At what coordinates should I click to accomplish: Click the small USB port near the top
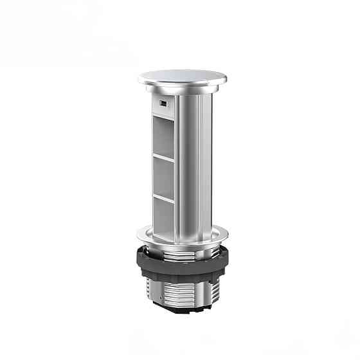click(x=163, y=104)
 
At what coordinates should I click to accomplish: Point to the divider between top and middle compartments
click(x=165, y=156)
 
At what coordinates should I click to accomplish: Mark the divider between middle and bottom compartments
click(x=165, y=196)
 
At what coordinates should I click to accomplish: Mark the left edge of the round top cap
click(x=139, y=79)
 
